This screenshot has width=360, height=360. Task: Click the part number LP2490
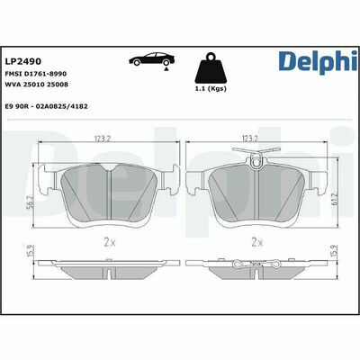pos(23,61)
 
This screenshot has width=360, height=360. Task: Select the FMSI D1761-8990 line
pos(36,74)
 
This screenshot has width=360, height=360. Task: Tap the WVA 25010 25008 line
pos(37,85)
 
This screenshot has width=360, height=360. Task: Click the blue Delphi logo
pos(318,62)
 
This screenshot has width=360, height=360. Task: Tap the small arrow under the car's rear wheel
pos(166,68)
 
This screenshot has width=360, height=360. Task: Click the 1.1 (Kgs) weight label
pos(211,89)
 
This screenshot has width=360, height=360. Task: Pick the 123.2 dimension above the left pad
pos(103,139)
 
